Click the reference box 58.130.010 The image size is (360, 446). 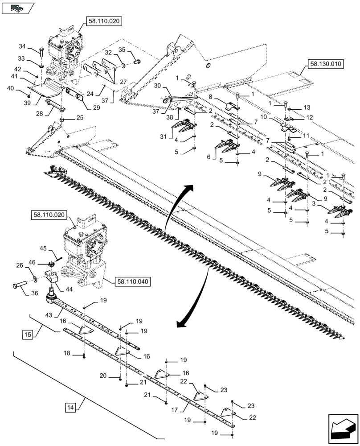coord(325,64)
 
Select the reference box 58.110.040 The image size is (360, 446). coord(133,281)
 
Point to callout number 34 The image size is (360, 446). coord(22,46)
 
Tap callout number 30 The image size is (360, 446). coord(157,85)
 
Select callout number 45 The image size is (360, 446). coord(44,248)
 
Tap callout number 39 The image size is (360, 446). coord(27,102)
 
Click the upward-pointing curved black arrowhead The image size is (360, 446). coord(191,186)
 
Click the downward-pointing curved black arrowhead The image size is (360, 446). coord(180,323)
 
